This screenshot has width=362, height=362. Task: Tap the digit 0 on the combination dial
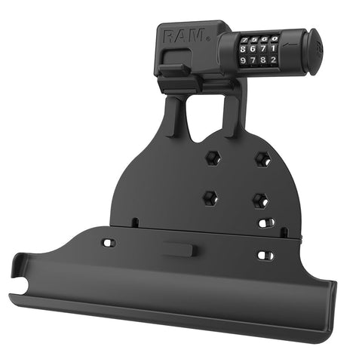275,39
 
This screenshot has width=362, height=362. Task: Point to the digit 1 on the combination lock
274,48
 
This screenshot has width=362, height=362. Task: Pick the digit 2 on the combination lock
274,60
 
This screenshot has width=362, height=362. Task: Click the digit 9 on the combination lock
243,60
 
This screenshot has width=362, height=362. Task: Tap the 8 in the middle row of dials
243,49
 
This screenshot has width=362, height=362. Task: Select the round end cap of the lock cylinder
316,51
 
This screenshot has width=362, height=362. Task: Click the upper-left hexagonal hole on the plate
213,158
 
